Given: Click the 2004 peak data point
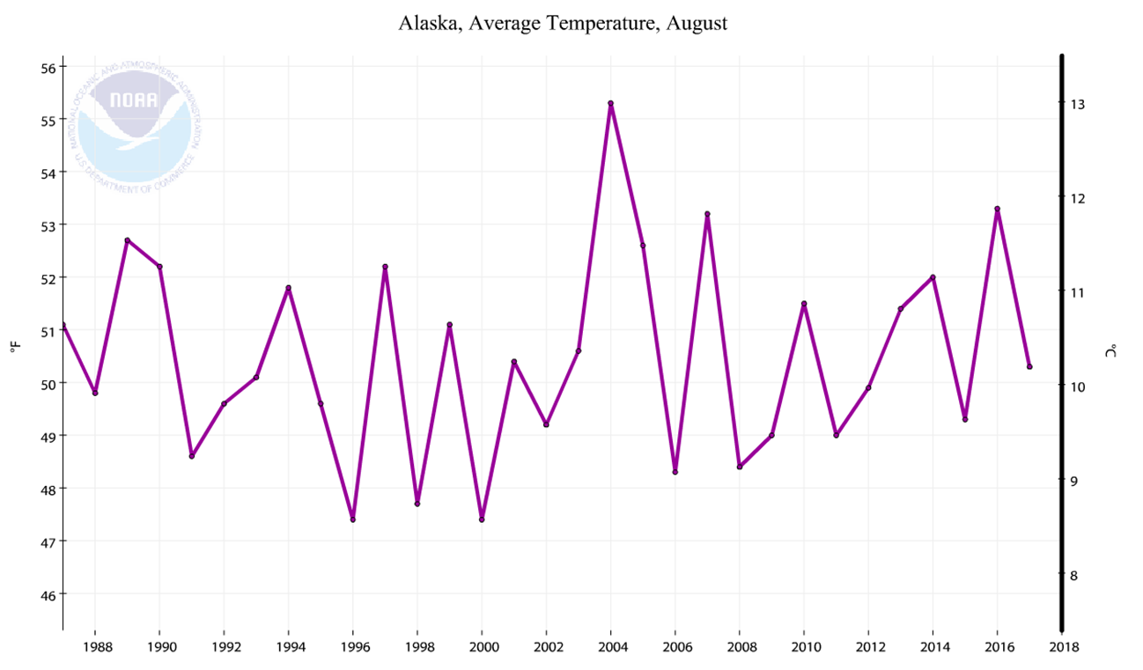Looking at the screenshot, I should click(x=610, y=103).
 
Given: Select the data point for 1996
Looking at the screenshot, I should click(x=352, y=519).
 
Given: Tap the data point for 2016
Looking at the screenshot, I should click(x=997, y=209).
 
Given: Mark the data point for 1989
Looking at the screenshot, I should click(x=127, y=240).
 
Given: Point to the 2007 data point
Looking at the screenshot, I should click(x=707, y=214).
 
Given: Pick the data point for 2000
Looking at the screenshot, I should click(x=482, y=519).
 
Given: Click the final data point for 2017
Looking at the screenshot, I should click(x=1029, y=366).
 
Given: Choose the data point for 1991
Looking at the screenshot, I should click(x=191, y=456).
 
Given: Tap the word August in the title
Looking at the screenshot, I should click(x=697, y=24).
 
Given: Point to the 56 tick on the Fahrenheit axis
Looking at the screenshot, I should click(x=48, y=68).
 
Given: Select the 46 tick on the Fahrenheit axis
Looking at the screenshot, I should click(x=48, y=594).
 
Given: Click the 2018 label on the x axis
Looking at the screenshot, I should click(x=1062, y=647).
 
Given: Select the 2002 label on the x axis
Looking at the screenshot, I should click(x=546, y=647).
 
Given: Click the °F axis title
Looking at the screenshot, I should click(x=14, y=349).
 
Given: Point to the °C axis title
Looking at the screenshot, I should click(x=1110, y=350).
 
